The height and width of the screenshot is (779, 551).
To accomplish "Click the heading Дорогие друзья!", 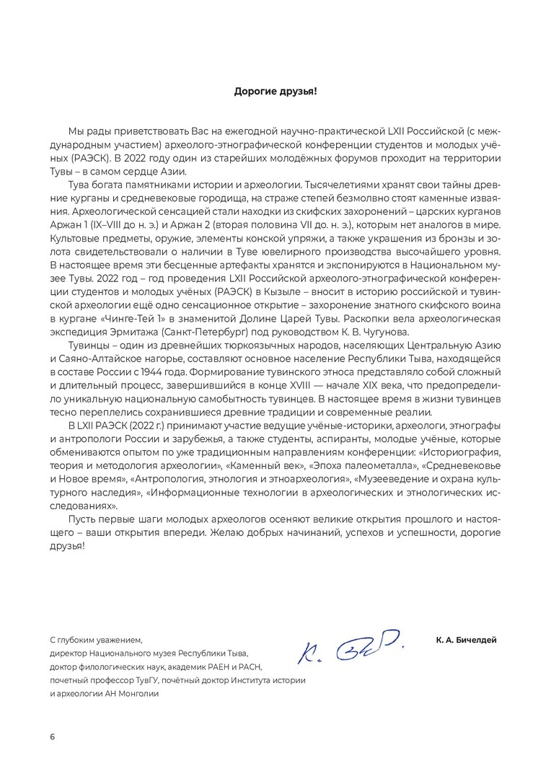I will (x=275, y=91).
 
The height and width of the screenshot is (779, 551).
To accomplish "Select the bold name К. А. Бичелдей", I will (x=466, y=640).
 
